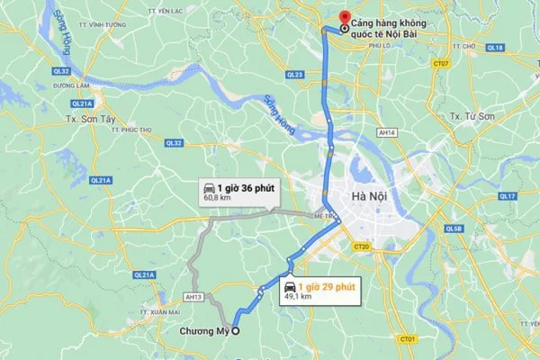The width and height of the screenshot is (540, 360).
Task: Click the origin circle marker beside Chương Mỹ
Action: tap(237, 330)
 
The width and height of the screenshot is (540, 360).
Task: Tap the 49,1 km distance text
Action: tap(298, 297)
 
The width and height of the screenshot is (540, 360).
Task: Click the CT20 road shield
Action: tap(363, 245)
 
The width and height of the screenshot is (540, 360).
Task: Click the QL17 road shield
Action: tap(506, 196)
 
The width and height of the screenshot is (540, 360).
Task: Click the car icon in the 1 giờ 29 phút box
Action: tap(290, 285)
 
